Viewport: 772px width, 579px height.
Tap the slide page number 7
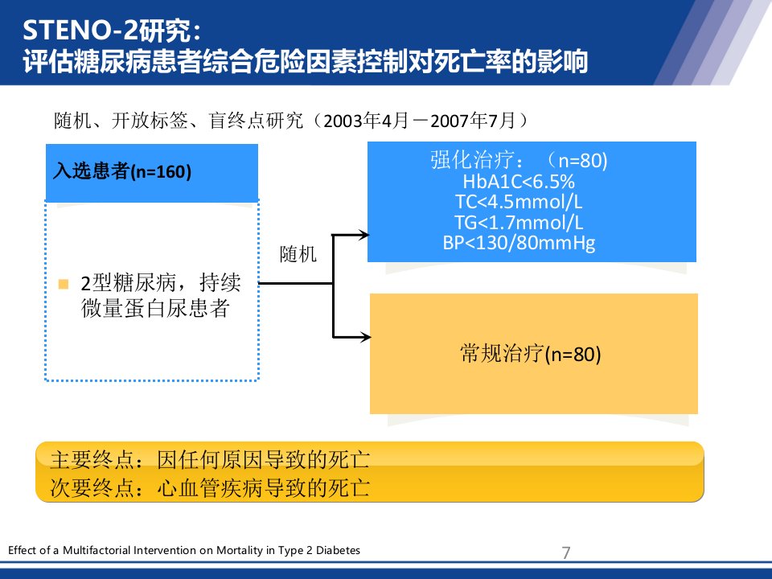[x=566, y=552]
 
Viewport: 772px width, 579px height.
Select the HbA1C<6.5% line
[x=519, y=182]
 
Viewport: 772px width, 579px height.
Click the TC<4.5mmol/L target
[x=519, y=202]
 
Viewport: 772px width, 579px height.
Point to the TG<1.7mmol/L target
[x=519, y=223]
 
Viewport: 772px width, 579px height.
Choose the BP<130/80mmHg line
[x=519, y=243]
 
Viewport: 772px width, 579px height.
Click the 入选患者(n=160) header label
[x=122, y=171]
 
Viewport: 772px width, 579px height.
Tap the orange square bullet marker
[x=63, y=284]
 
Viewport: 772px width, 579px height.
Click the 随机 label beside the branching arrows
[x=298, y=255]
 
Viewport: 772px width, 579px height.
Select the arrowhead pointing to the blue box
[x=363, y=235]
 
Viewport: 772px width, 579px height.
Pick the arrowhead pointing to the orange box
[x=365, y=337]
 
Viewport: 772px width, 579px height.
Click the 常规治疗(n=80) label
[x=531, y=354]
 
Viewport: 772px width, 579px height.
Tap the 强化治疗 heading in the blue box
[x=472, y=160]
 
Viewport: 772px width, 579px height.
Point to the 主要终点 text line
[x=210, y=459]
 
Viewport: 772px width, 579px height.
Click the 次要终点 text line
[x=210, y=488]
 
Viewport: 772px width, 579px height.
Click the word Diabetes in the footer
[x=338, y=550]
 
